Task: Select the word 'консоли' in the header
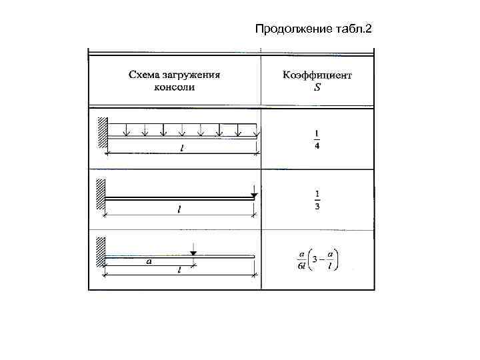(x=175, y=87)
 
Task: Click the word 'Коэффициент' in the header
(x=317, y=75)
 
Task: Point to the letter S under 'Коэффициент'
(x=317, y=87)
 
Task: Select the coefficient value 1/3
(x=317, y=200)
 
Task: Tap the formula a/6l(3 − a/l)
(x=317, y=259)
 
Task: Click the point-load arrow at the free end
(x=254, y=192)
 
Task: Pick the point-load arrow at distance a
(x=193, y=251)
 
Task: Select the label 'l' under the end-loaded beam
(x=178, y=210)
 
